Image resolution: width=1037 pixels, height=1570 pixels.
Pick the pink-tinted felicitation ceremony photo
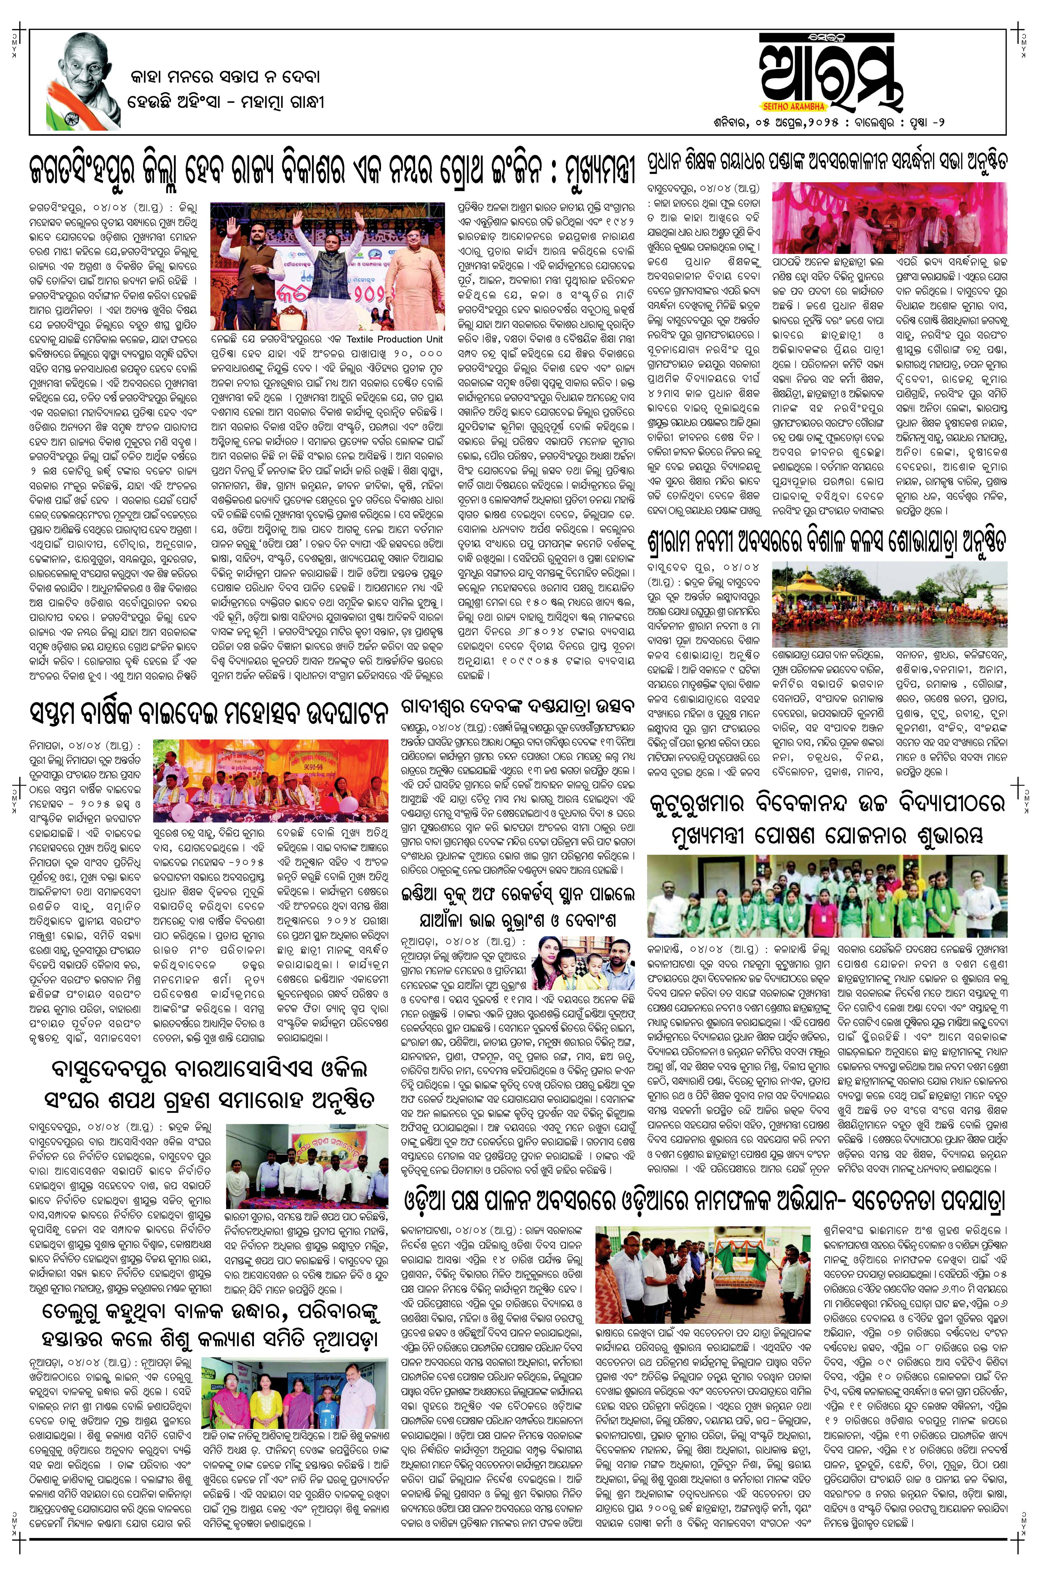click(889, 218)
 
